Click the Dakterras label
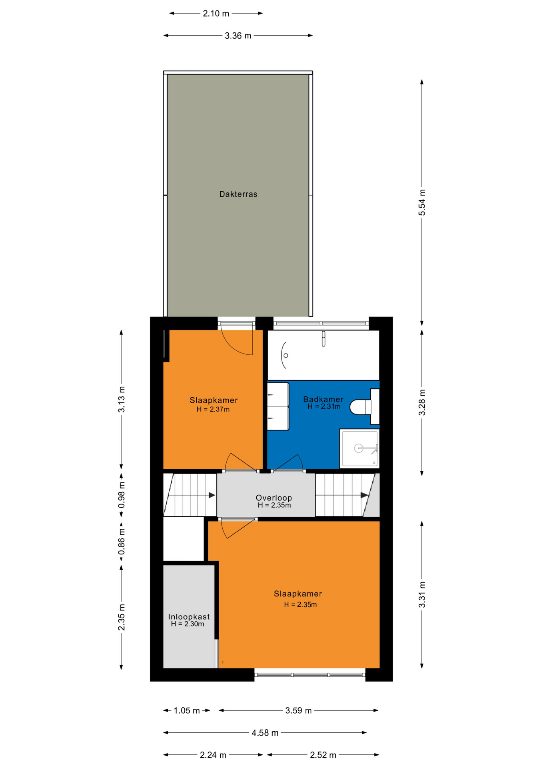238,194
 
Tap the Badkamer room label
323,399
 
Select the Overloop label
274,498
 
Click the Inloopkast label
189,617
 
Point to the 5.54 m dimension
422,203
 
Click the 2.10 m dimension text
216,14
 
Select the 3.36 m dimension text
238,36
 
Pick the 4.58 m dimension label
265,733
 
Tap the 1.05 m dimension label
186,710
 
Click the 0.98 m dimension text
122,495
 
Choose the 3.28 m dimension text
422,402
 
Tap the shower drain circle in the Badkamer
359,448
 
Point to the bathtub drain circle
285,355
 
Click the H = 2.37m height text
213,409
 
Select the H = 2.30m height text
188,624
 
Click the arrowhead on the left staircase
212,495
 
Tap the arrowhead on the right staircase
365,495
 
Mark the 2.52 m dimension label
323,755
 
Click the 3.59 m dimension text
298,710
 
